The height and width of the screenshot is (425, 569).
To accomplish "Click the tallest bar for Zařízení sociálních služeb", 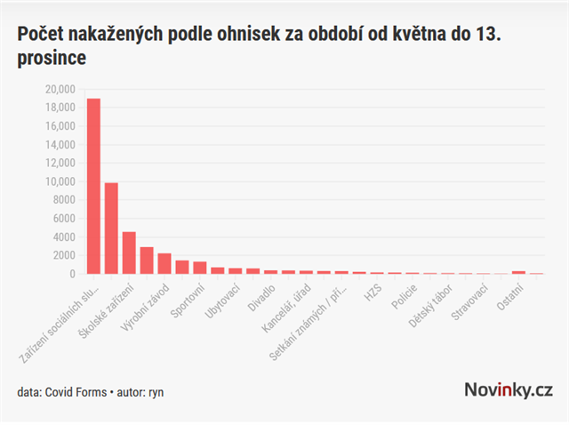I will pyautogui.click(x=93, y=187).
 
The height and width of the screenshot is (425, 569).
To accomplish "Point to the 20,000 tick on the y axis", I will pyautogui.click(x=60, y=89).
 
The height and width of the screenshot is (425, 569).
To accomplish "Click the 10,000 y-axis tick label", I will pyautogui.click(x=60, y=181).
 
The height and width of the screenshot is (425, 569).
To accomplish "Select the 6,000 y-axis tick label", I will pyautogui.click(x=63, y=219).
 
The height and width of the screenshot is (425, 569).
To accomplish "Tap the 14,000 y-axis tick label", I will pyautogui.click(x=60, y=144).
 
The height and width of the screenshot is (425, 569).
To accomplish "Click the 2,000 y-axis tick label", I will pyautogui.click(x=63, y=255).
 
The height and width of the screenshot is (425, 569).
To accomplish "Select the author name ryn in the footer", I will pyautogui.click(x=156, y=391).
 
